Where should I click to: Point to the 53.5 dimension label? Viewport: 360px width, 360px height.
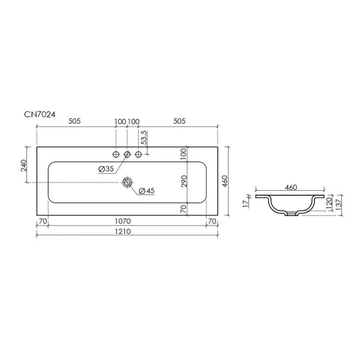143,140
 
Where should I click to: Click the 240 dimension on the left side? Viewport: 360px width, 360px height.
25,165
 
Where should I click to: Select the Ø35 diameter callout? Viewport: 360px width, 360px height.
106,169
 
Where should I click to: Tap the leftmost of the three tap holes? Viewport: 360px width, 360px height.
116,155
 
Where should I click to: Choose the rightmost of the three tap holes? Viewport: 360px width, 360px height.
139,155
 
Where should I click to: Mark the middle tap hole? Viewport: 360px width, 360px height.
127,155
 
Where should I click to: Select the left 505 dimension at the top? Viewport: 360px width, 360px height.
74,121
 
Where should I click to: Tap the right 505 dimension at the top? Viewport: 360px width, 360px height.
179,121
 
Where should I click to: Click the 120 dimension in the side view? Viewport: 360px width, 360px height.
329,204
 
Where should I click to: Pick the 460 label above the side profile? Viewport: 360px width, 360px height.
291,188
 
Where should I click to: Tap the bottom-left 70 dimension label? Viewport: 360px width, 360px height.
43,221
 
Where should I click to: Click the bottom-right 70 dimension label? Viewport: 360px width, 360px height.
211,221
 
